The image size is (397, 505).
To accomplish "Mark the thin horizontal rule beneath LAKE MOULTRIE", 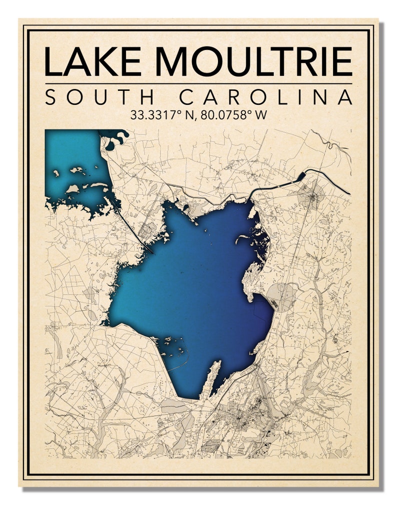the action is coord(198,83).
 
